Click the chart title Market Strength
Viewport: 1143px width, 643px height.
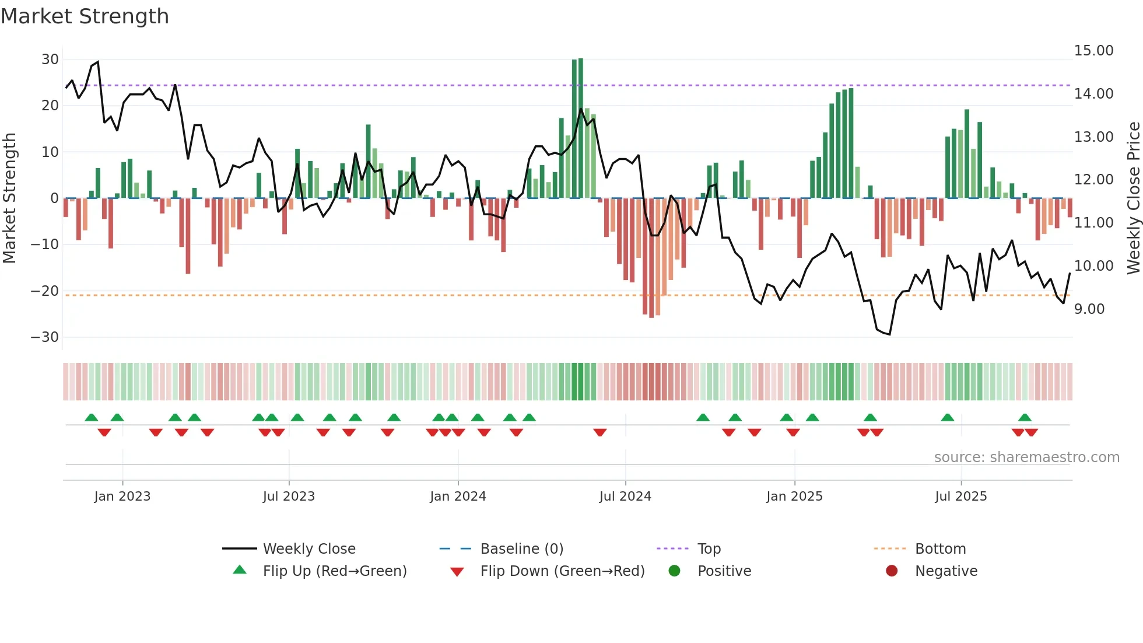[x=85, y=16]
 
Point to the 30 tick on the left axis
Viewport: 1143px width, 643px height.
[x=50, y=60]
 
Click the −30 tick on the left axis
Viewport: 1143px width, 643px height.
[x=45, y=337]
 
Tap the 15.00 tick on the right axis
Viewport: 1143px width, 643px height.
[x=1093, y=51]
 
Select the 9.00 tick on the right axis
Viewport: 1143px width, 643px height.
[x=1089, y=309]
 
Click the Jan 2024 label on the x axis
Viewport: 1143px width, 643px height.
[x=458, y=497]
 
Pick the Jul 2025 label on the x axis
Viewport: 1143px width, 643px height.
[x=960, y=497]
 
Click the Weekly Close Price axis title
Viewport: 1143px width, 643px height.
[x=1133, y=198]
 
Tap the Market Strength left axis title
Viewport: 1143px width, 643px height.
[x=9, y=198]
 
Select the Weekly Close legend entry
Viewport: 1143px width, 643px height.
[x=308, y=549]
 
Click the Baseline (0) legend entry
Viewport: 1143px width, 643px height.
[x=521, y=549]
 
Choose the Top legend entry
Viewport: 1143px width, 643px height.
[x=709, y=549]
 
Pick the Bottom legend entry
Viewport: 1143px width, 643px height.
[x=940, y=549]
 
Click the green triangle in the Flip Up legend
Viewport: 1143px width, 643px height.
[x=240, y=570]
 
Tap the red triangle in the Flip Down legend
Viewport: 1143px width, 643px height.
[x=457, y=572]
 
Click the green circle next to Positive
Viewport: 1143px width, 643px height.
[x=674, y=571]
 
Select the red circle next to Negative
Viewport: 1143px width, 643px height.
[x=892, y=571]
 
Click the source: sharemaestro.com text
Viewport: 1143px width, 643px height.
[x=1026, y=457]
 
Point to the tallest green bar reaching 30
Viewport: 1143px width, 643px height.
[x=580, y=128]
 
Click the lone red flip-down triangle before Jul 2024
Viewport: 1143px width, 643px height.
[x=599, y=432]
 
